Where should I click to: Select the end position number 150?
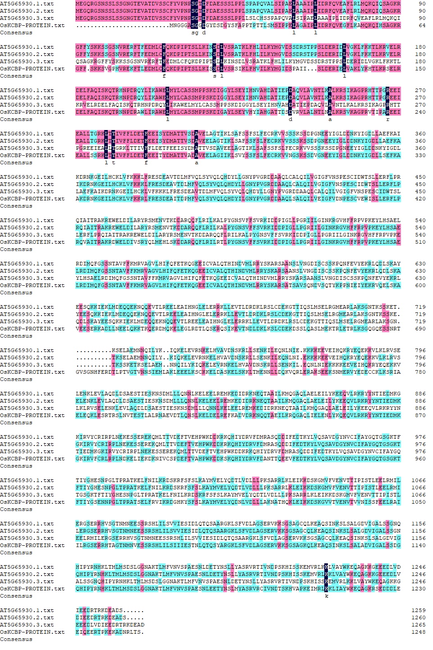coord(420,69)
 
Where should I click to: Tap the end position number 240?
coord(420,112)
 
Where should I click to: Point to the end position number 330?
coord(420,155)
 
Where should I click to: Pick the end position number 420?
coord(420,199)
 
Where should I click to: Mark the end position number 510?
coord(420,242)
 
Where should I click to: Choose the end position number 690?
coord(420,329)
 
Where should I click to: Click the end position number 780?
coord(420,372)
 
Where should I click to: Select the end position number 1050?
coord(418,502)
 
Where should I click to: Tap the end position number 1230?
coord(418,589)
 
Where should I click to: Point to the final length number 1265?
coord(418,625)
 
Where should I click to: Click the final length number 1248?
coord(418,632)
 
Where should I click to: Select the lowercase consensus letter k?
coord(327,596)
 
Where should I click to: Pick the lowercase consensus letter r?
coord(388,119)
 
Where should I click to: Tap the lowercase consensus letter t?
coord(114,162)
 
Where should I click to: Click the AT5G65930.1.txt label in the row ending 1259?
coord(27,610)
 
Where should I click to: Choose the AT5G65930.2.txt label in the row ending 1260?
coord(27,617)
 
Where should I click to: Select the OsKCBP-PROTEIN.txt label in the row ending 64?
coord(32,25)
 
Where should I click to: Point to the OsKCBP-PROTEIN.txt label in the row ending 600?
coord(32,285)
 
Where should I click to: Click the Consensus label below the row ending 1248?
coord(16,639)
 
